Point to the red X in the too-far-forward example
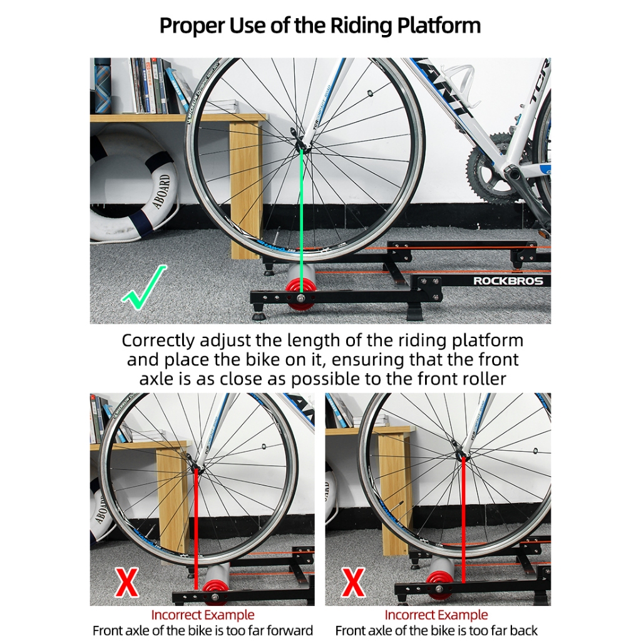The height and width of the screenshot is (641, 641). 126,583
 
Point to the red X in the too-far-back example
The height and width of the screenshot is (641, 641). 353,583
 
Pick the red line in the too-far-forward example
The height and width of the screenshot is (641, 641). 197,526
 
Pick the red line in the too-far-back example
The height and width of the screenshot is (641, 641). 463,520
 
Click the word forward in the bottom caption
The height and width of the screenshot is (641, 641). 290,630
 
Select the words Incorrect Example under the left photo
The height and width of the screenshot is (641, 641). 203,615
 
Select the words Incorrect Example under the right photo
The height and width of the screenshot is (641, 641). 436,615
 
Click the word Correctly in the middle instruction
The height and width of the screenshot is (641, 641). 158,341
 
